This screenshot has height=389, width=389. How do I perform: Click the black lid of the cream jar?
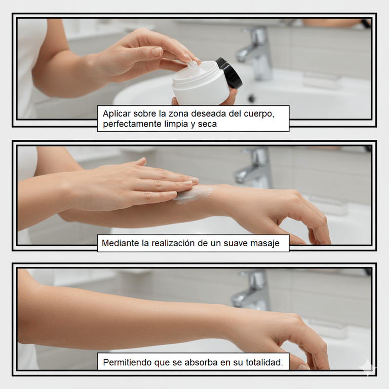[x=229, y=73]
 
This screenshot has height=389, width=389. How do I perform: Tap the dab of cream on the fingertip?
[x=192, y=65]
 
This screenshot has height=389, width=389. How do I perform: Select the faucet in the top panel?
[x=255, y=53]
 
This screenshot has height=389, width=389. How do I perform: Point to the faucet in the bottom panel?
[x=251, y=290]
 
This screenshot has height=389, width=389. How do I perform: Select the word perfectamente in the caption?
[x=132, y=124]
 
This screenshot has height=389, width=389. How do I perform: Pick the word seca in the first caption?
[x=207, y=124]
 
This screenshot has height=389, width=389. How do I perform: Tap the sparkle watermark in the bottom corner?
[x=368, y=368]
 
